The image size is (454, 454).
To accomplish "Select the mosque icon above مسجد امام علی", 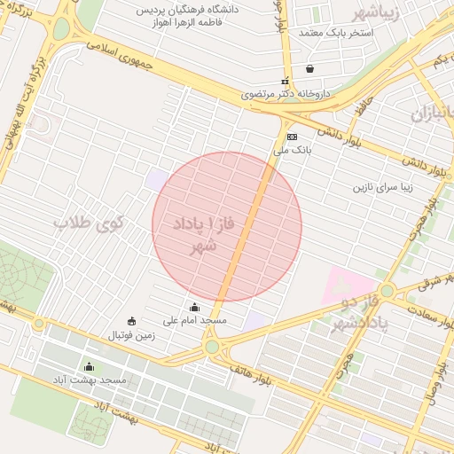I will pyautogui.click(x=195, y=308).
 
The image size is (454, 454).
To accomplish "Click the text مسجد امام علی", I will pyautogui.click(x=195, y=319).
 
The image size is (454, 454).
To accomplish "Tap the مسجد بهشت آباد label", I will pyautogui.click(x=90, y=380).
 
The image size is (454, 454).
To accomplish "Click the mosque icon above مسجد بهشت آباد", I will pyautogui.click(x=89, y=367).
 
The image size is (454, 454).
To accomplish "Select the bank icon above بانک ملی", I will pyautogui.click(x=292, y=137).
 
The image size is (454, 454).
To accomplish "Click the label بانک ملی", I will pyautogui.click(x=293, y=151).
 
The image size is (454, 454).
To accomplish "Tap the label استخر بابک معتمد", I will pyautogui.click(x=336, y=33).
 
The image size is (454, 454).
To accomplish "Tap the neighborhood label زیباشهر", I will pyautogui.click(x=384, y=12).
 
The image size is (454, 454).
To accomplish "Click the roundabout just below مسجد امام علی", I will pyautogui.click(x=212, y=347).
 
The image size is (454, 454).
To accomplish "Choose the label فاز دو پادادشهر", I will pyautogui.click(x=359, y=315).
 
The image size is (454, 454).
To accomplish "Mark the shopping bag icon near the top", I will pyautogui.click(x=309, y=67).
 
